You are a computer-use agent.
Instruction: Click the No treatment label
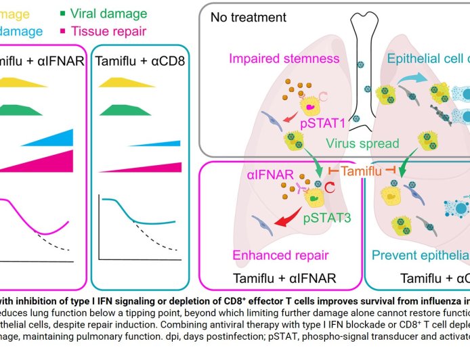click(248, 17)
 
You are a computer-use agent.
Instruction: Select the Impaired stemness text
click(284, 58)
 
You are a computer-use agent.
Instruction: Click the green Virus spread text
click(359, 143)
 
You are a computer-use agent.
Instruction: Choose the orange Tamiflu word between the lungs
click(361, 172)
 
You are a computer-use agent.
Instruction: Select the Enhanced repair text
click(280, 255)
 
